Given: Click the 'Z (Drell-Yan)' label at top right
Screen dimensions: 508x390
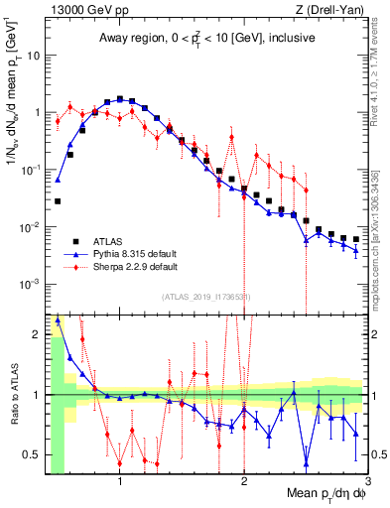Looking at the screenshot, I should point(328,10).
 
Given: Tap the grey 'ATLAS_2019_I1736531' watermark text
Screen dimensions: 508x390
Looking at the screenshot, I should point(205,297).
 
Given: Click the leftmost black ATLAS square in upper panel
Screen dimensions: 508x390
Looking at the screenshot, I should point(58,201).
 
